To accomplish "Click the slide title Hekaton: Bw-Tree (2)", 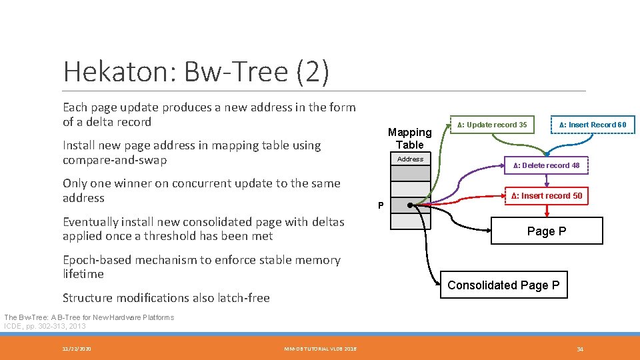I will click(195, 72).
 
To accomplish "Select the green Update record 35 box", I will click(492, 125).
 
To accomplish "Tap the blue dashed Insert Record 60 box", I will click(592, 125).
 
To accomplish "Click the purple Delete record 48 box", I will click(545, 165).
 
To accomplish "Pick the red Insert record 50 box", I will click(547, 196).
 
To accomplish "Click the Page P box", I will click(547, 231).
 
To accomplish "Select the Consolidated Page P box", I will click(503, 285).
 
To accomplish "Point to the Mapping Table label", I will click(409, 138).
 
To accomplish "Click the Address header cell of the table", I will click(410, 159).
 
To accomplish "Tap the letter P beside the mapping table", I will click(381, 205).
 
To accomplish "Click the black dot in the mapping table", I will click(410, 205).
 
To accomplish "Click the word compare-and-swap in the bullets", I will click(115, 160).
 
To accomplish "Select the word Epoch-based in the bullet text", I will click(94, 260).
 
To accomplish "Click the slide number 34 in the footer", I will click(580, 349).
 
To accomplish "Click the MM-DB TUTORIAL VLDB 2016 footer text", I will click(320, 349).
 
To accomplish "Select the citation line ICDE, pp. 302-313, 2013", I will click(45, 326).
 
